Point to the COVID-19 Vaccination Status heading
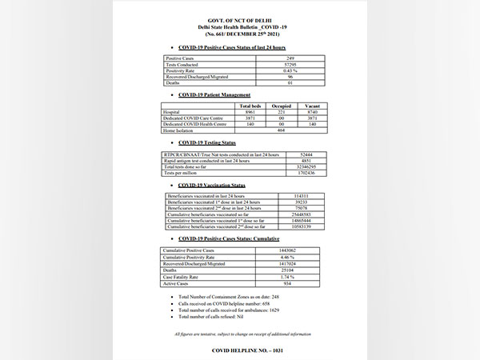(212, 184)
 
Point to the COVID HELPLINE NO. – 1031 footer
(241, 350)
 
